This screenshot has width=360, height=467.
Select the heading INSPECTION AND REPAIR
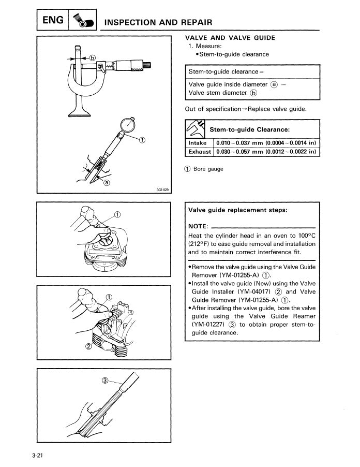158,22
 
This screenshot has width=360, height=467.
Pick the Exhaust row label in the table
199,152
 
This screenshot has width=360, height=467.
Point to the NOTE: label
199,226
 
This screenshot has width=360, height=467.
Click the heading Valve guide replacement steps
238,210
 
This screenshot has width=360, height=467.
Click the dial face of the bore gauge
126,126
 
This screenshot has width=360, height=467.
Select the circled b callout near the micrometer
93,59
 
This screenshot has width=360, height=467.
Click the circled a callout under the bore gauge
107,182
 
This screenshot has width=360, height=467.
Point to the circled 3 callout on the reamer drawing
105,380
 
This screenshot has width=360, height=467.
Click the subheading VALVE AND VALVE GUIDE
230,38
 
